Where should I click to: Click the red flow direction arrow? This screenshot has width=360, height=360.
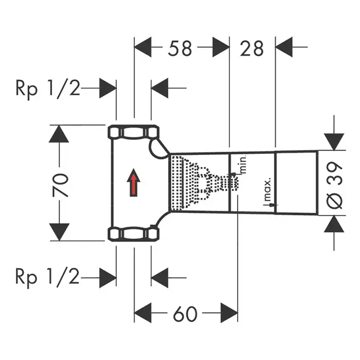click(134, 183)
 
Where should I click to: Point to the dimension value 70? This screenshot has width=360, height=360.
click(61, 185)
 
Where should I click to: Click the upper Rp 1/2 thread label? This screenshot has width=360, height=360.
click(47, 88)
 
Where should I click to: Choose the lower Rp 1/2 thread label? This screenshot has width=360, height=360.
click(47, 278)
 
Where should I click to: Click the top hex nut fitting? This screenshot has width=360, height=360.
click(134, 133)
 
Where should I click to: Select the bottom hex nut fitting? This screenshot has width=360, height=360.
click(134, 235)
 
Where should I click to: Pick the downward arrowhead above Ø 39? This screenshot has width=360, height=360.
click(335, 140)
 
